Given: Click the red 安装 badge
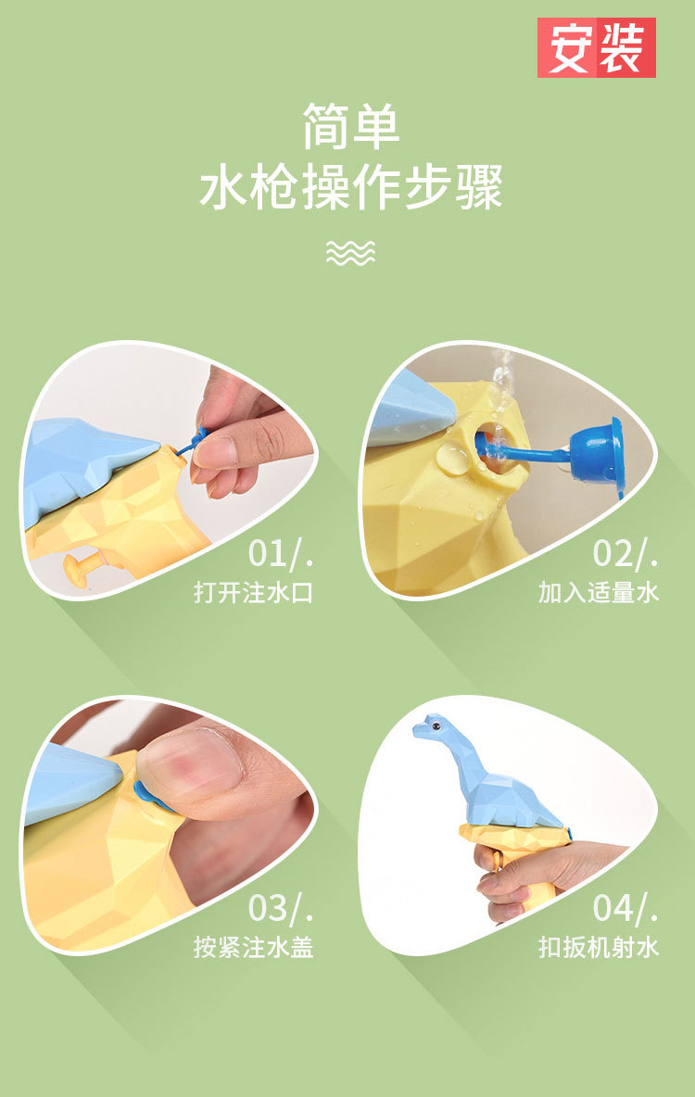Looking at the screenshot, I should point(596,47).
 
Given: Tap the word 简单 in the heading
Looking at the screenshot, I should point(350,127).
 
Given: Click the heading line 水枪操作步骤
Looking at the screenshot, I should point(350,188).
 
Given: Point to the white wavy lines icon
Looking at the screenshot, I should point(350,252).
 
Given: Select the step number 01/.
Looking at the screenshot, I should point(280,552).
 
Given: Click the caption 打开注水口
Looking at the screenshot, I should point(253,592).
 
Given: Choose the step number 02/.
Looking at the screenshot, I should point(625,552).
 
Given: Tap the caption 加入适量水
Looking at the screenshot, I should point(599,592).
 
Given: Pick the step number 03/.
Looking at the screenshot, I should point(280,908).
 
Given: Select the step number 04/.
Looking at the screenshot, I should point(625,908).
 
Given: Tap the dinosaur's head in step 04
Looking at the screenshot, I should point(431,730).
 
